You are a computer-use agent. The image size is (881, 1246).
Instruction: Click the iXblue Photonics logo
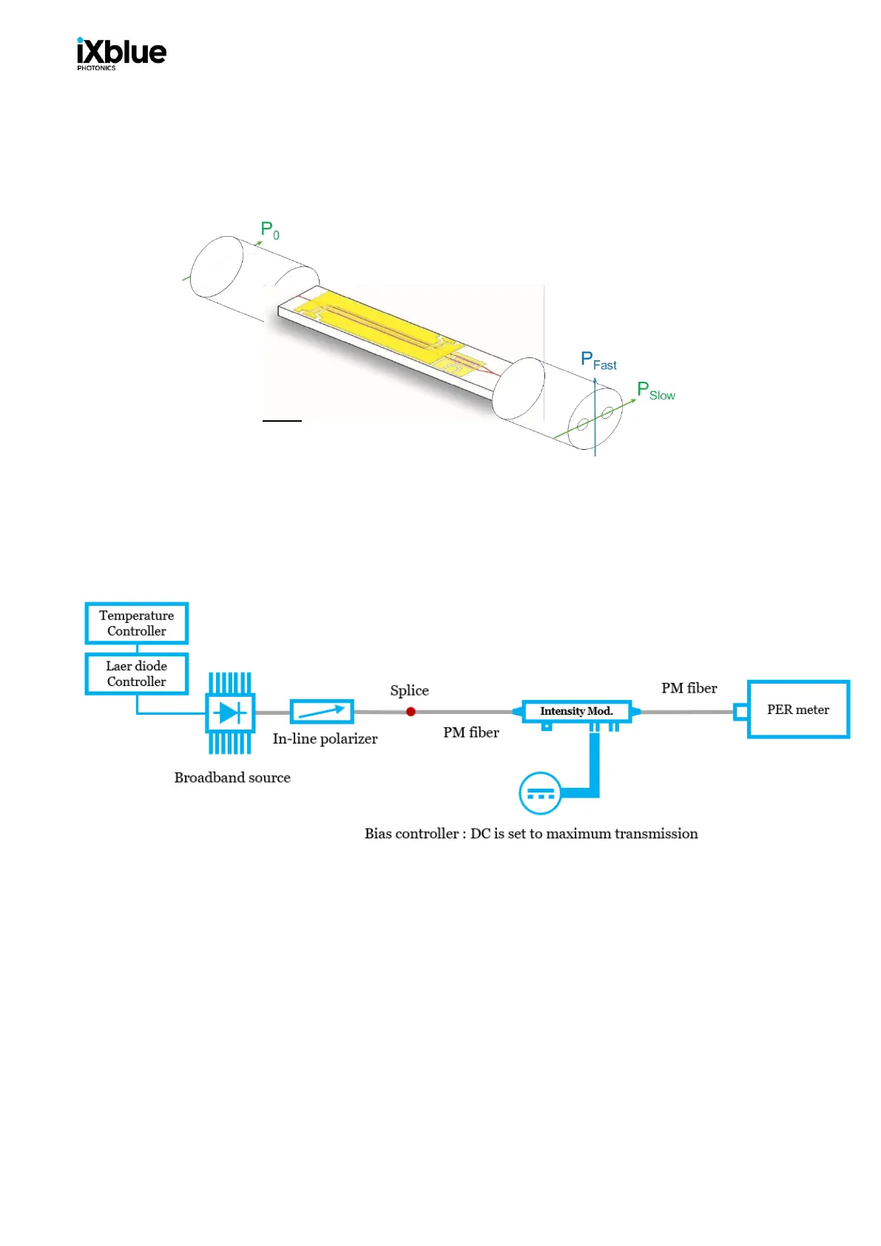[x=121, y=54]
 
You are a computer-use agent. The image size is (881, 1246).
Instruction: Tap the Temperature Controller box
[x=137, y=623]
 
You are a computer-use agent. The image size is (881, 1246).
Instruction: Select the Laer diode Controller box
[x=137, y=673]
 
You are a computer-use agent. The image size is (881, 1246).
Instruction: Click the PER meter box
[x=798, y=710]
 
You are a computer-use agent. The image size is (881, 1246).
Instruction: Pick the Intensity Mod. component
[x=576, y=711]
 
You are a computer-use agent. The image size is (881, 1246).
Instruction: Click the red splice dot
[x=411, y=712]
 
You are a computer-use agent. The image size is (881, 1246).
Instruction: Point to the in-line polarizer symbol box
[x=322, y=712]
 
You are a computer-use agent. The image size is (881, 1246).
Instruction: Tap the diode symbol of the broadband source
[x=230, y=713]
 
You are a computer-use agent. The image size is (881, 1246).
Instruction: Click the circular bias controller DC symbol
[x=540, y=793]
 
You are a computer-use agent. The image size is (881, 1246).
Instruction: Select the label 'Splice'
[x=409, y=690]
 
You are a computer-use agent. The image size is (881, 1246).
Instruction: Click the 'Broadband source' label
[x=232, y=778]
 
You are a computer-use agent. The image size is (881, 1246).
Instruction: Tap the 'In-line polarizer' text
[x=325, y=738]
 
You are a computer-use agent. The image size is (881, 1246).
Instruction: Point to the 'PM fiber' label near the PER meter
[x=689, y=688]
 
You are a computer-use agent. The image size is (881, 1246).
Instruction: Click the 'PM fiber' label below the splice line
[x=470, y=733]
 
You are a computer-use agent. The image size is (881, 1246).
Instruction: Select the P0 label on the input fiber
[x=269, y=230]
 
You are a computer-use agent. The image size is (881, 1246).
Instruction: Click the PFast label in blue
[x=598, y=361]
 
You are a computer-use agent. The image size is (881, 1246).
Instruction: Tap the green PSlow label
[x=655, y=391]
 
